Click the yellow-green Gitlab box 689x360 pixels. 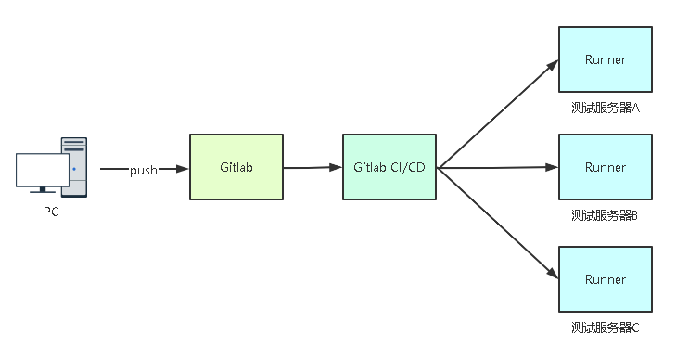[x=236, y=167]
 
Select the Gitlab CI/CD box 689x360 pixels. [x=389, y=167]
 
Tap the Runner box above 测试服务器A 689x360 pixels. [x=605, y=59]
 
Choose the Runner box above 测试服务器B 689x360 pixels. [x=605, y=167]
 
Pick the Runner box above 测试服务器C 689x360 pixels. [x=605, y=278]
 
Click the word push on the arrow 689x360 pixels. [x=143, y=170]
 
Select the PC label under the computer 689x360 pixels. [x=51, y=212]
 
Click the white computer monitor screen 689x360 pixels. [x=43, y=170]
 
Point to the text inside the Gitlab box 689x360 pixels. [x=236, y=168]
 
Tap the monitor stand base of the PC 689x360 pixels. [x=43, y=192]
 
